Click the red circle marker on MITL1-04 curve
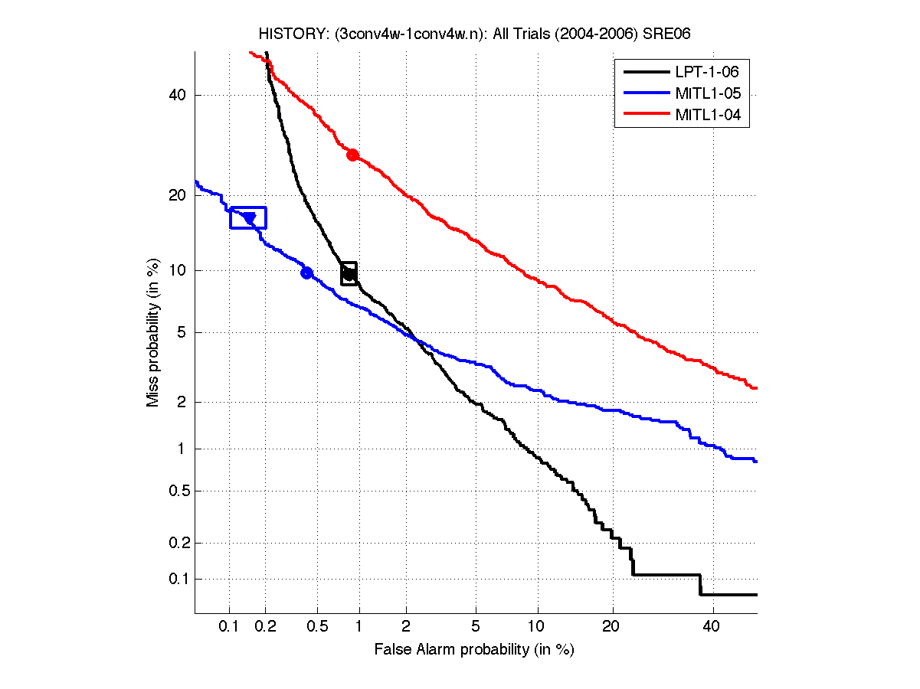click(x=352, y=155)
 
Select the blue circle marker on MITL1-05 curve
click(x=306, y=273)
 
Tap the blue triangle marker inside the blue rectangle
click(x=249, y=219)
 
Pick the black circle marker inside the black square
click(x=349, y=273)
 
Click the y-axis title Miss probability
click(x=153, y=331)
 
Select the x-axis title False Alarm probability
click(x=474, y=650)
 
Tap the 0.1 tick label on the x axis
click(x=229, y=627)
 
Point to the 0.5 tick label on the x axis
click(x=316, y=627)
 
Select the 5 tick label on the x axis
click(x=476, y=627)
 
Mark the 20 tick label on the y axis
click(x=178, y=195)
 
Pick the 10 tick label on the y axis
click(x=178, y=270)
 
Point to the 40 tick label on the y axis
click(x=178, y=95)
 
